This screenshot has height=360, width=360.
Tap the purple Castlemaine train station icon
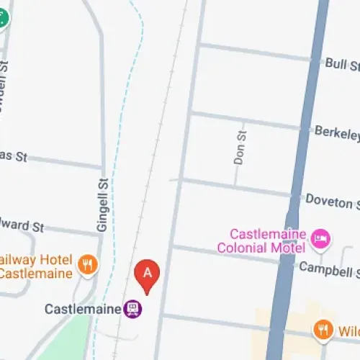pyautogui.click(x=132, y=310)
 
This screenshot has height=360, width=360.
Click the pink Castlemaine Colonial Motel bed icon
pyautogui.click(x=321, y=236)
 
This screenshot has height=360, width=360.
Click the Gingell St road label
pyautogui.click(x=102, y=205)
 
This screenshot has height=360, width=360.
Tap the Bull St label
pyautogui.click(x=341, y=66)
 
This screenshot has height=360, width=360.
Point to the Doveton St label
pyautogui.click(x=332, y=199)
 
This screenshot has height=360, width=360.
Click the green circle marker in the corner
pyautogui.click(x=3, y=16)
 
